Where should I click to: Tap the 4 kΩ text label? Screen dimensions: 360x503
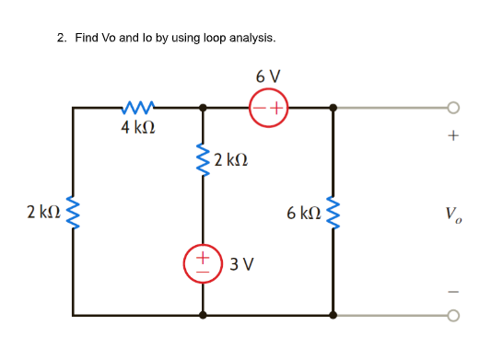click(x=137, y=127)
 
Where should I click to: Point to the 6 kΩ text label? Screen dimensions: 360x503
click(x=303, y=214)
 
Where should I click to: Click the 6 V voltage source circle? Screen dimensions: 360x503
click(x=268, y=108)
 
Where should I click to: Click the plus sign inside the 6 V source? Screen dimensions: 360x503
click(x=276, y=108)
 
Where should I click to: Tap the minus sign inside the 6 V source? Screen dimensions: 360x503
click(x=259, y=108)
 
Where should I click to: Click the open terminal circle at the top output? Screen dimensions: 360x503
click(x=452, y=108)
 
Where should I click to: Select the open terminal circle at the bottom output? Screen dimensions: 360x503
click(x=452, y=315)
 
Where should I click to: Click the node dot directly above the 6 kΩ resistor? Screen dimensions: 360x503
click(x=333, y=108)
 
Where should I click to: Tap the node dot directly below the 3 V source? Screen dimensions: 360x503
click(x=204, y=315)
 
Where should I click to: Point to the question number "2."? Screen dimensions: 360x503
click(x=61, y=38)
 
